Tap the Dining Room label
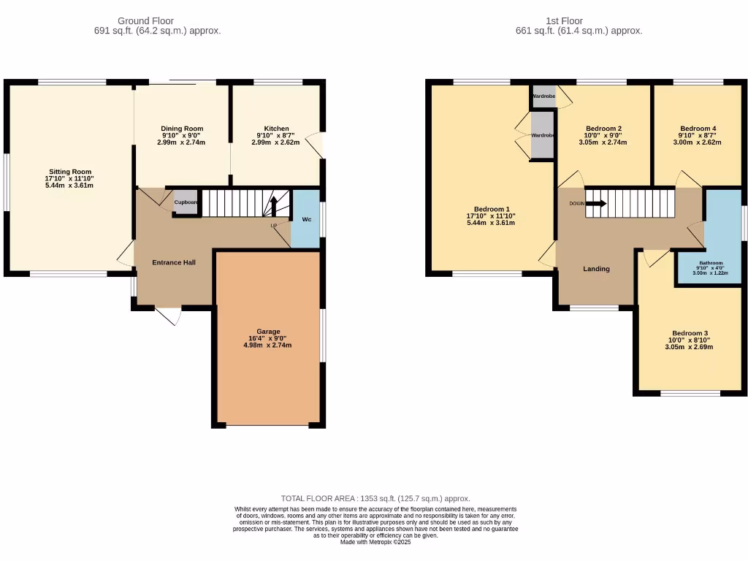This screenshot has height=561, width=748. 182,129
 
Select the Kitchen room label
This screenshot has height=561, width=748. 276,129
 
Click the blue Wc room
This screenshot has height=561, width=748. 305,218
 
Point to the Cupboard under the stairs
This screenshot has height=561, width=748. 186,202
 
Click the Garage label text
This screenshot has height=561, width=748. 267,331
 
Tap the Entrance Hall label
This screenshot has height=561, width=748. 173,262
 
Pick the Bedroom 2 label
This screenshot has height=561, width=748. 603,129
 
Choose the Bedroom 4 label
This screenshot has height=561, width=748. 698,129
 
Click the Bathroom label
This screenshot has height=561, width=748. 711,263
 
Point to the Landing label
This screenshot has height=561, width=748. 596,269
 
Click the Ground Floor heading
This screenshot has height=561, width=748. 157,21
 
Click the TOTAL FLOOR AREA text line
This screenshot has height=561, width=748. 375,498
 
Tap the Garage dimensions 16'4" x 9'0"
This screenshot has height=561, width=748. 267,338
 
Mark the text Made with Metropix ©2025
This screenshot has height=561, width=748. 375,541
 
